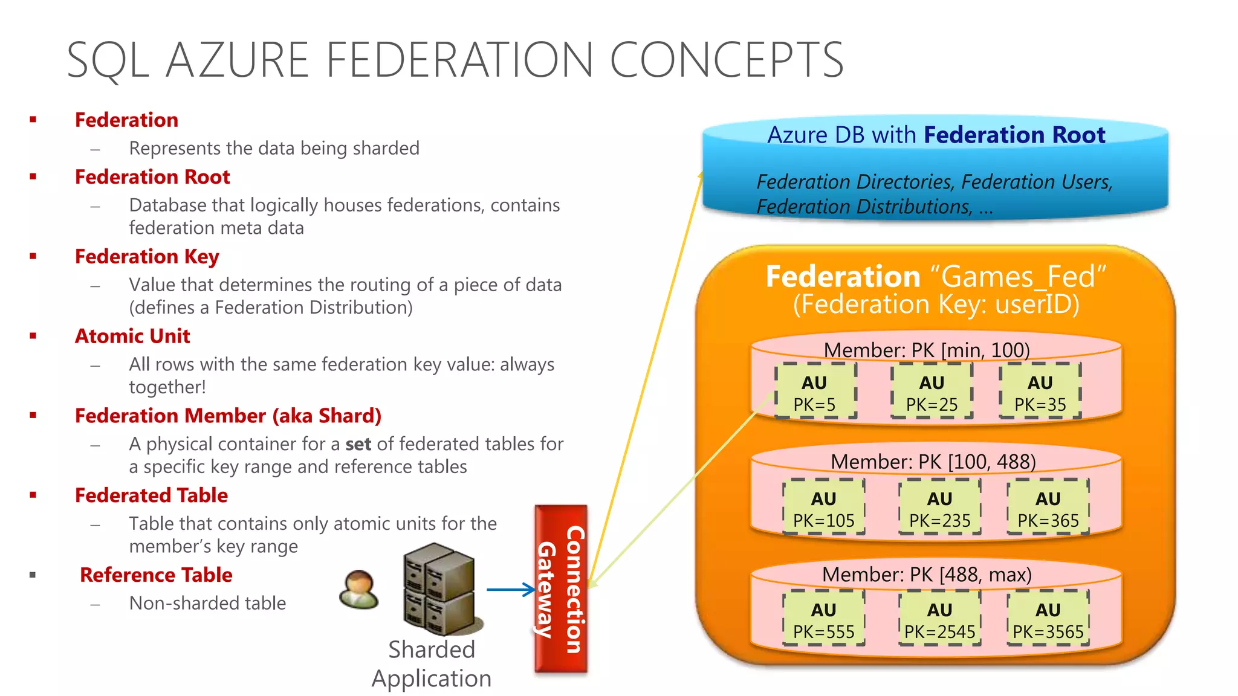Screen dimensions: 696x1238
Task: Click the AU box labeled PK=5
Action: click(x=815, y=391)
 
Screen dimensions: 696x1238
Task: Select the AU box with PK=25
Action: click(x=932, y=391)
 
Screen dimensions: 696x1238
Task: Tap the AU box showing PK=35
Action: click(x=1040, y=391)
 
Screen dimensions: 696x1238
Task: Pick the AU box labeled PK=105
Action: click(x=823, y=507)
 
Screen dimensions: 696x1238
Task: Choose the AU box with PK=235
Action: click(x=939, y=507)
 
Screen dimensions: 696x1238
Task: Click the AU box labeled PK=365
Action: click(x=1048, y=507)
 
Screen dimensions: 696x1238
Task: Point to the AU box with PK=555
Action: click(x=823, y=619)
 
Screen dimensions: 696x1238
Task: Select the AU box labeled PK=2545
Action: click(x=939, y=619)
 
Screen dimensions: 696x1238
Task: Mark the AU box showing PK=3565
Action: click(x=1048, y=619)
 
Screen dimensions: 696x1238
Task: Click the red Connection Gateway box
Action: click(x=561, y=589)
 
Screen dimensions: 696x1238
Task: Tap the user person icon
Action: click(x=359, y=589)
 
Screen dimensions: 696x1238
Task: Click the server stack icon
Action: click(x=440, y=588)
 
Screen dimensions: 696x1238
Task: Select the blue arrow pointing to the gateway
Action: click(x=510, y=590)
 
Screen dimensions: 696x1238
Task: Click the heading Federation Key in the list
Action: click(x=146, y=257)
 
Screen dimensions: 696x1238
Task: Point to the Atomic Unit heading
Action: click(x=132, y=336)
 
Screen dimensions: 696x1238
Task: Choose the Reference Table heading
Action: click(x=156, y=575)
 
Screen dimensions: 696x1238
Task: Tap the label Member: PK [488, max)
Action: click(x=927, y=575)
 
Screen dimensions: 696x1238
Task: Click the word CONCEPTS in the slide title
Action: click(x=726, y=60)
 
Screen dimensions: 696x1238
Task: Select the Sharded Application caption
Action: click(x=431, y=664)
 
